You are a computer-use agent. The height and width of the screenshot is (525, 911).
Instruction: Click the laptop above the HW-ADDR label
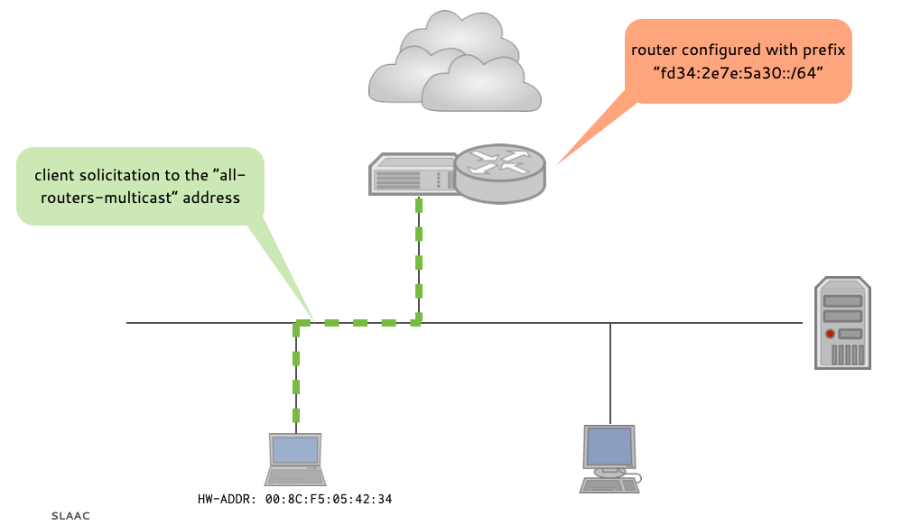pyautogui.click(x=295, y=460)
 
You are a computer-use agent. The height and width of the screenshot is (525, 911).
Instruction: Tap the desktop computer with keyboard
pyautogui.click(x=609, y=458)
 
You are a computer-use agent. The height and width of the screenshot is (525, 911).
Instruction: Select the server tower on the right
pyautogui.click(x=842, y=323)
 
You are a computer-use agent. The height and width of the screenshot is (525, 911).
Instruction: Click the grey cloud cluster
pyautogui.click(x=454, y=62)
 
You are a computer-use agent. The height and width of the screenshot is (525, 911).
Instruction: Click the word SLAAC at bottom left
pyautogui.click(x=70, y=516)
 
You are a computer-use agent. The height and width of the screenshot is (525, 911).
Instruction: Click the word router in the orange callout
pyautogui.click(x=653, y=50)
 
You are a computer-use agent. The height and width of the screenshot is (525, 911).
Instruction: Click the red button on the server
pyautogui.click(x=830, y=334)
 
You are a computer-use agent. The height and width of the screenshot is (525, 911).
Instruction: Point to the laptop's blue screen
pyautogui.click(x=296, y=450)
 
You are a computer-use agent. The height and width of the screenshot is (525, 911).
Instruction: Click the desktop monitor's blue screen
pyautogui.click(x=609, y=445)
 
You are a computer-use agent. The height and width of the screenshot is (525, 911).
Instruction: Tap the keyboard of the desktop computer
pyautogui.click(x=608, y=485)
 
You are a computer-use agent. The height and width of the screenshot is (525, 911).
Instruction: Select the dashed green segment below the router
pyautogui.click(x=418, y=257)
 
